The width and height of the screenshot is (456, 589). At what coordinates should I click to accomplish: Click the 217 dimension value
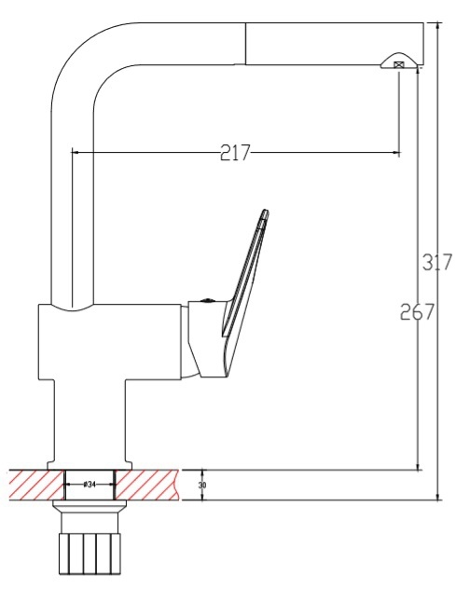point(235,153)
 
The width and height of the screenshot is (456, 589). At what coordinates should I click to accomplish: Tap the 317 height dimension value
point(436,262)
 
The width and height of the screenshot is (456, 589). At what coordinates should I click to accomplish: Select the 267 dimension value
point(417,311)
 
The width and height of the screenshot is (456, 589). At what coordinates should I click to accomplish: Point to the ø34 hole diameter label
point(90,485)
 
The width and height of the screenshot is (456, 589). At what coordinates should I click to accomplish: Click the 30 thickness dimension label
point(202,485)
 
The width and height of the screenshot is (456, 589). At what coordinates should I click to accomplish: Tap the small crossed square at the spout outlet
point(398,64)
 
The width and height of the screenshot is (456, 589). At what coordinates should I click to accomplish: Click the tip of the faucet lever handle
point(266,211)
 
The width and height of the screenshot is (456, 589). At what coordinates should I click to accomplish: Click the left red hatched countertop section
point(36,485)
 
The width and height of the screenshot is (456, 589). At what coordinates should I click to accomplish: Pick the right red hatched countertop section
point(146,485)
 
